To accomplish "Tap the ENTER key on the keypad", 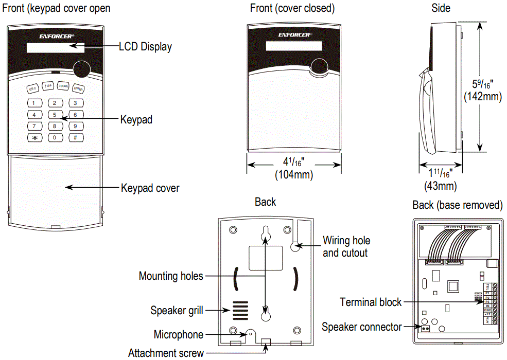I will tap(78, 88).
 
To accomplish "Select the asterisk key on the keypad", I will tap(34, 137).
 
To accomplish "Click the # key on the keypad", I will tap(75, 137).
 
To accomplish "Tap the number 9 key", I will tap(75, 126).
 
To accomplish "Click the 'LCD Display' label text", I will tap(145, 47).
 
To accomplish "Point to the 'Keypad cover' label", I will tap(150, 188).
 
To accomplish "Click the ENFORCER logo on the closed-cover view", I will tap(295, 35).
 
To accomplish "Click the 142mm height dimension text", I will tap(482, 96).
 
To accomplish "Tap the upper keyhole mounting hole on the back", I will tap(265, 233).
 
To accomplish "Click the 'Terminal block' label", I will tap(371, 302).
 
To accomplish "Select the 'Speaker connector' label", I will tap(361, 327).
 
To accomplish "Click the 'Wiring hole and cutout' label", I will tap(346, 246).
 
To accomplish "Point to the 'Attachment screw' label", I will tap(166, 353).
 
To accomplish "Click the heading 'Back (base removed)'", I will tap(457, 205).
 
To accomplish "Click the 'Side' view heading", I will tap(441, 8).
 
